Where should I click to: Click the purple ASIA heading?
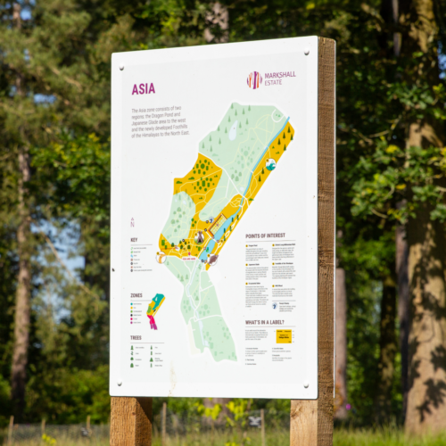[x=143, y=88]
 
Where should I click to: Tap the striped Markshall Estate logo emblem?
[x=254, y=79]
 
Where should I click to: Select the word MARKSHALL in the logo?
[x=280, y=75]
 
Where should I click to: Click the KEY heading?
[x=134, y=239]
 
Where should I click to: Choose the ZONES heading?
[x=136, y=294]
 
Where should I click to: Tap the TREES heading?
[x=136, y=337]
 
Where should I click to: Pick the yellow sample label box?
[x=284, y=336]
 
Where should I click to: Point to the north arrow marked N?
[x=133, y=221]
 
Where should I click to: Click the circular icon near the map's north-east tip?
[x=270, y=164]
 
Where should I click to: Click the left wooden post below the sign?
[x=130, y=421]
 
